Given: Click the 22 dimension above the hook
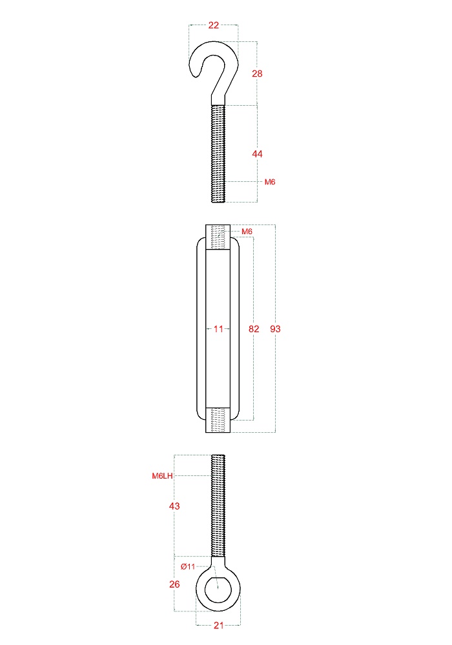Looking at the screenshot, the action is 213,26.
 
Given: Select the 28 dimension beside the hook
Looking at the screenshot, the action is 257,74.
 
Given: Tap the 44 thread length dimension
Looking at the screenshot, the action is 257,154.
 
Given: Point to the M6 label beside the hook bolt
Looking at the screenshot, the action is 270,182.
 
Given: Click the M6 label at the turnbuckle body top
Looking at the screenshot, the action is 247,232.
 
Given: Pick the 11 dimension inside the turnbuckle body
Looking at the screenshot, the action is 218,329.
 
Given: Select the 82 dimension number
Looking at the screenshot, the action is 254,329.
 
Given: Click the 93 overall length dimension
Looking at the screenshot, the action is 276,329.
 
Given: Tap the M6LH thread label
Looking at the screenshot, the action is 162,477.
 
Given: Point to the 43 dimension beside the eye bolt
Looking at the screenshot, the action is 174,506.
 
